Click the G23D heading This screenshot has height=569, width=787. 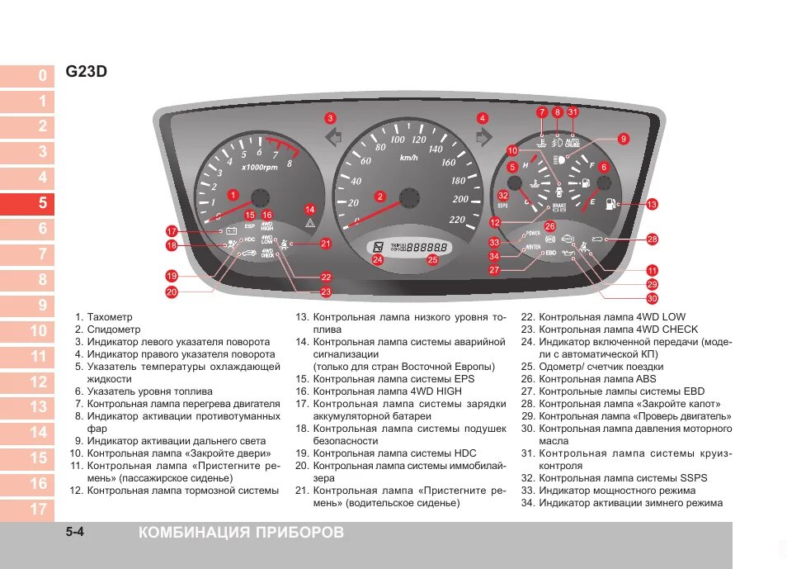click(86, 72)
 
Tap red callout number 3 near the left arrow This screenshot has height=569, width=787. click(330, 118)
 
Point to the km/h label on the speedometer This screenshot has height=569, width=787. click(408, 158)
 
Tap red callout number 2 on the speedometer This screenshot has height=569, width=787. click(380, 197)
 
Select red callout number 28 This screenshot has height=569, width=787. click(653, 239)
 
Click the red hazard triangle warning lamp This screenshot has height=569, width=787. click(309, 224)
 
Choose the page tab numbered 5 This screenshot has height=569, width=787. click(28, 203)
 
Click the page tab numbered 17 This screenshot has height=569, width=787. click(28, 509)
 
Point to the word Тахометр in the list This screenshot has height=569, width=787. click(110, 317)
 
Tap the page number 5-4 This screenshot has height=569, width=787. click(75, 533)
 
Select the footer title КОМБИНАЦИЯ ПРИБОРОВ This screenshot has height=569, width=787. click(242, 533)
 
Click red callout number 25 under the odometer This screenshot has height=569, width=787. click(432, 259)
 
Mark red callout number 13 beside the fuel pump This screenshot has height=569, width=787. click(652, 204)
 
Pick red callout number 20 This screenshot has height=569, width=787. click(172, 292)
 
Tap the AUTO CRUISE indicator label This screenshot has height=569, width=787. click(573, 142)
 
